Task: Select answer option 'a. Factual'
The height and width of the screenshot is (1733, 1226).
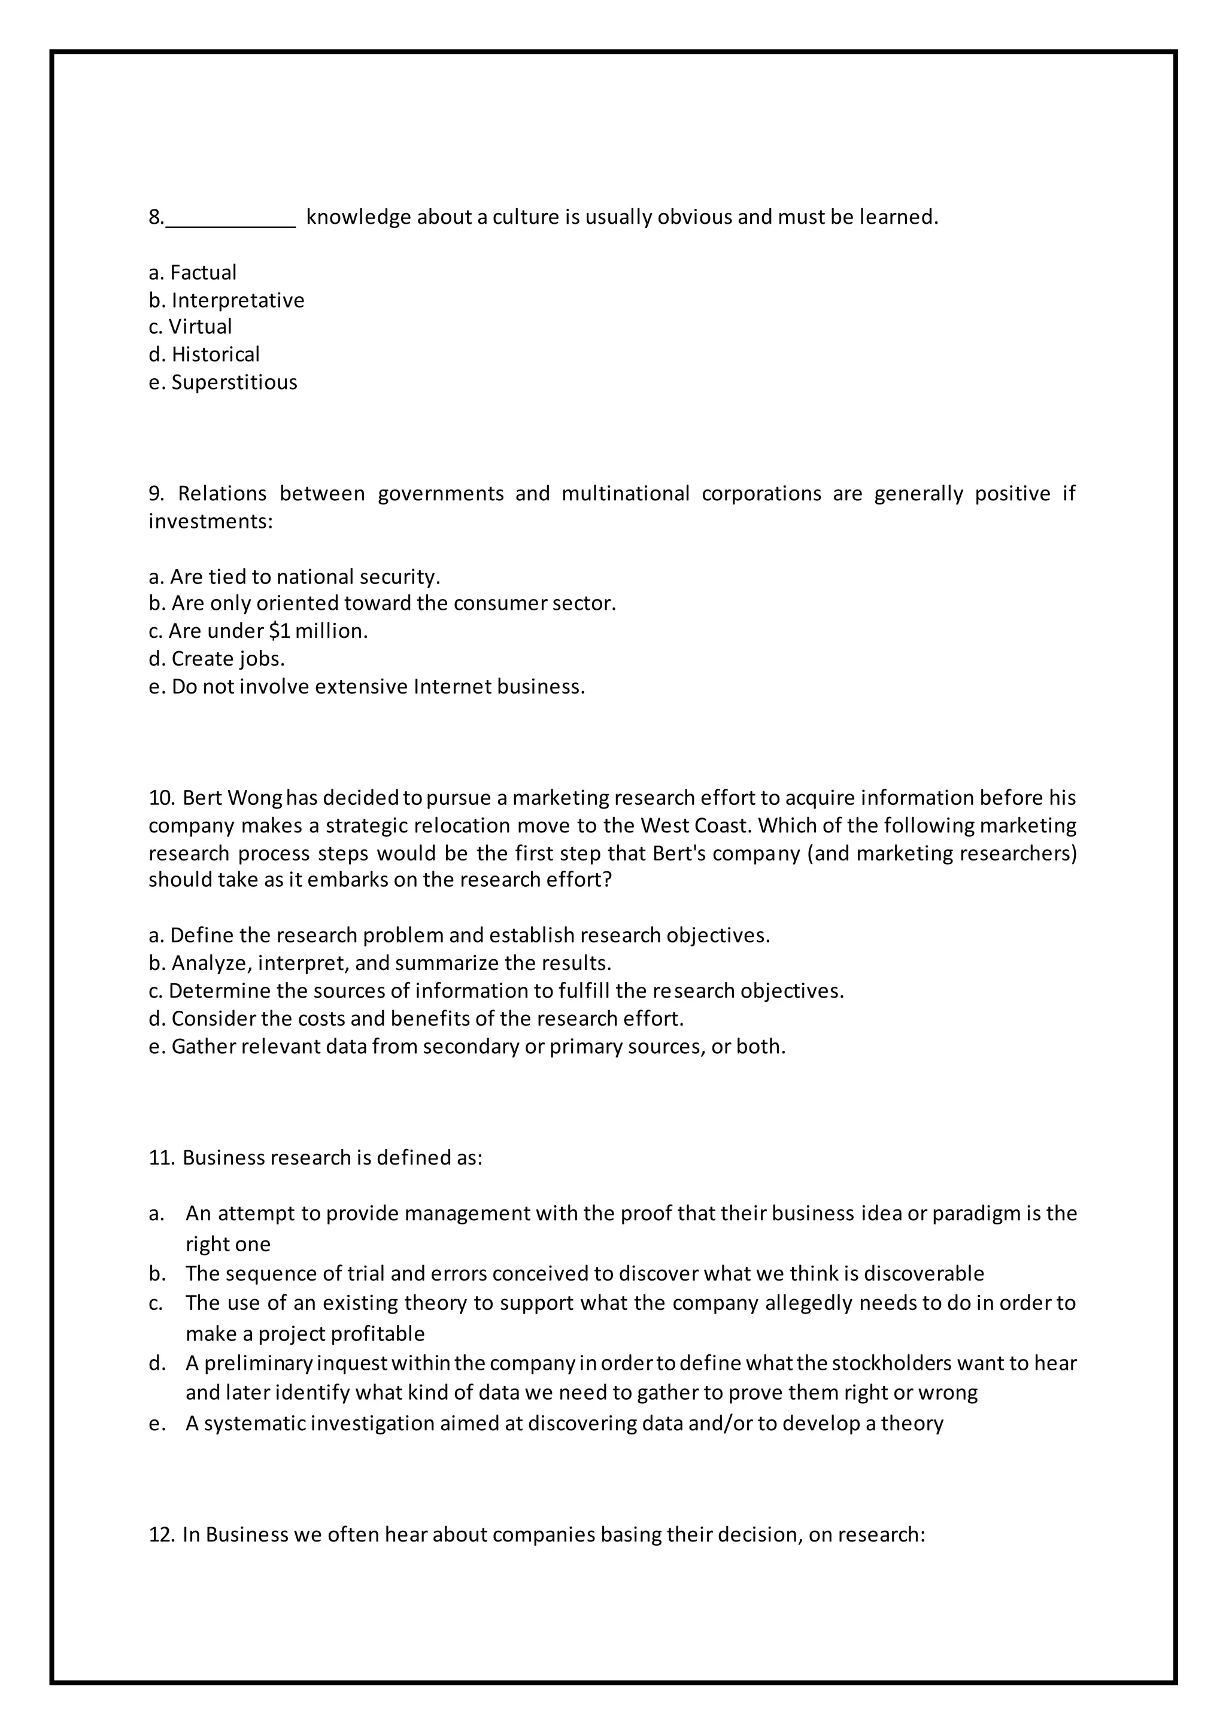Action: (x=193, y=272)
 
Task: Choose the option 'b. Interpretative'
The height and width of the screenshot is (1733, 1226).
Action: (x=226, y=300)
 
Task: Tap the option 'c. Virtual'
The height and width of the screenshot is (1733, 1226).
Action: (x=190, y=327)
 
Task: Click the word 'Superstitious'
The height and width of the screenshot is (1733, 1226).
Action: (x=234, y=382)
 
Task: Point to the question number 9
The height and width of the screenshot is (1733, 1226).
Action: (x=156, y=494)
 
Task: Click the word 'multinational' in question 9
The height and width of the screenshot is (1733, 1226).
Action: (x=625, y=494)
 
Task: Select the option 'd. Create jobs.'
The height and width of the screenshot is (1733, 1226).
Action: (x=217, y=659)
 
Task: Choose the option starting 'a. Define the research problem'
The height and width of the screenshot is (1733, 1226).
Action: (x=459, y=936)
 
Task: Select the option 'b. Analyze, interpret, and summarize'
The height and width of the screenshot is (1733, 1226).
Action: (x=380, y=964)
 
